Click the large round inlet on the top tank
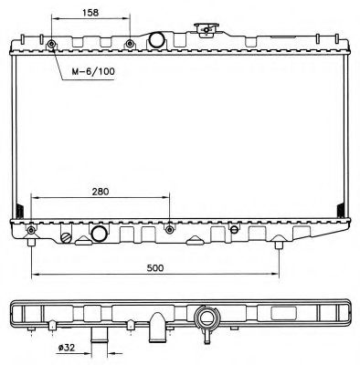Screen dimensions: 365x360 click(156, 40)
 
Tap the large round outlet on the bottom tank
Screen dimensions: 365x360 click(101, 235)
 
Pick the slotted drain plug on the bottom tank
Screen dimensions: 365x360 click(66, 237)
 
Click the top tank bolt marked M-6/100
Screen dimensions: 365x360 click(52, 44)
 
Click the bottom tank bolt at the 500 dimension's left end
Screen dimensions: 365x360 click(32, 231)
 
